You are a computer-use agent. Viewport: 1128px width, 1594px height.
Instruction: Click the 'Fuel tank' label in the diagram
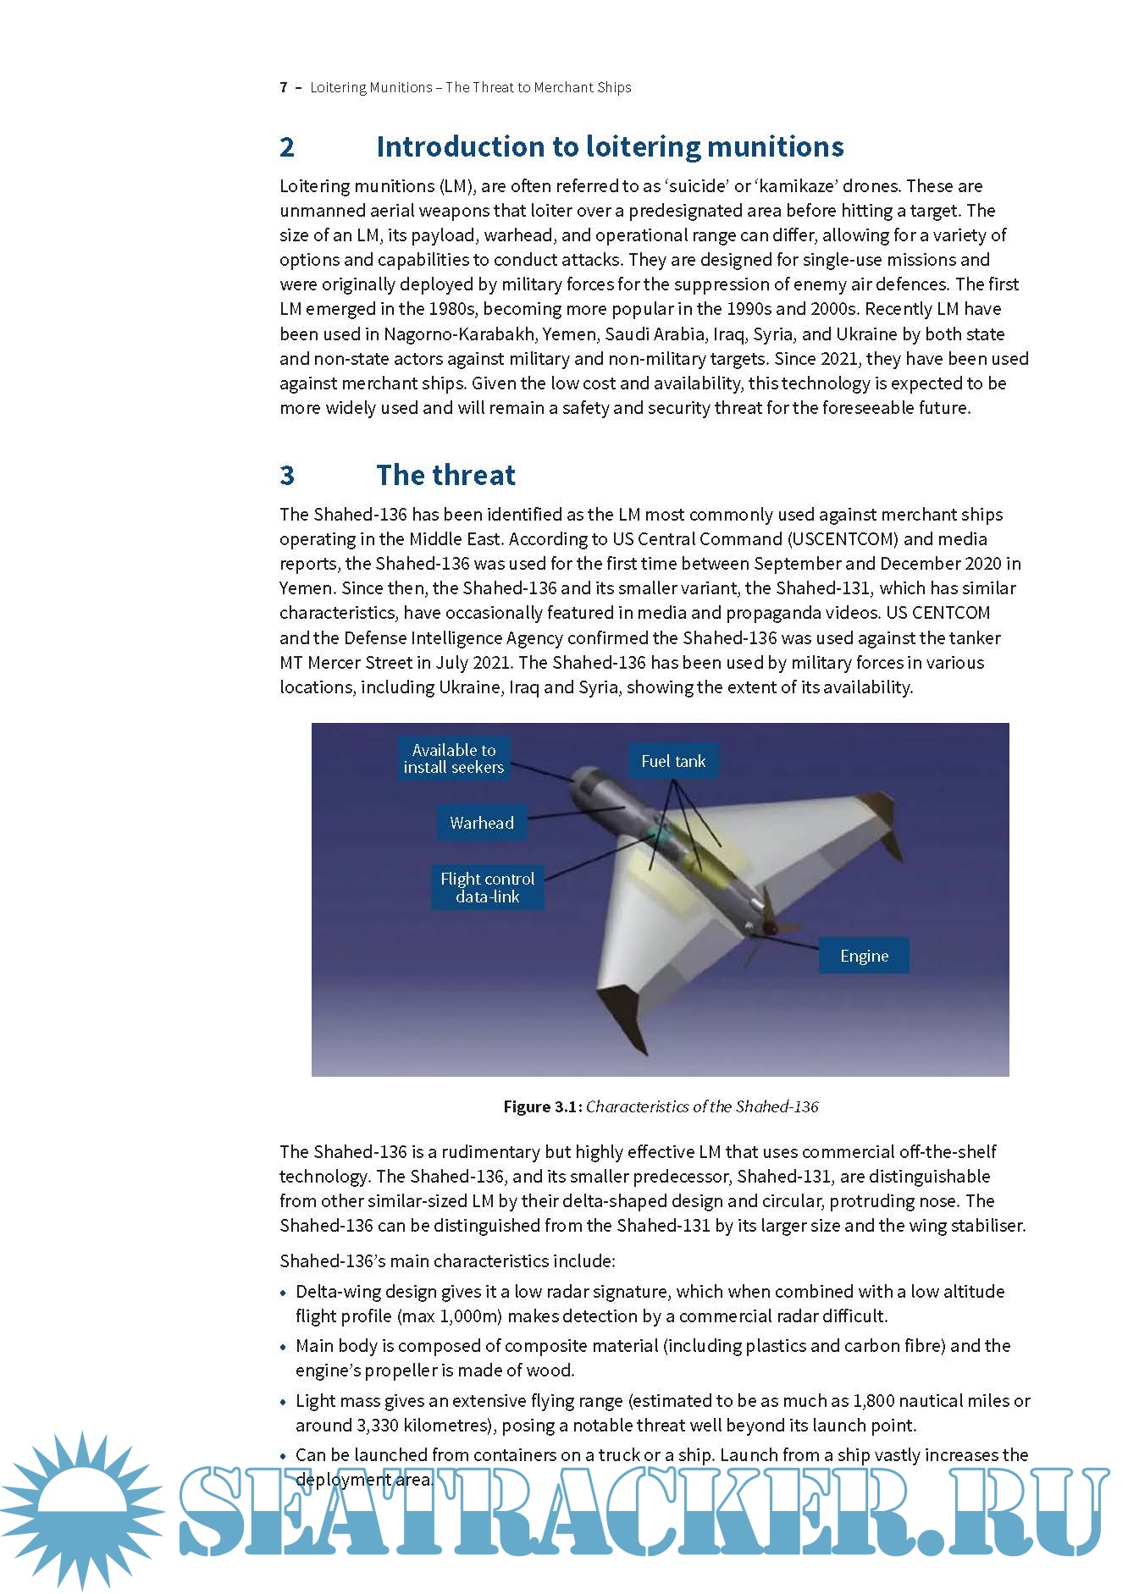click(673, 761)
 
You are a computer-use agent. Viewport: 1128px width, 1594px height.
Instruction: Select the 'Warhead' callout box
click(482, 823)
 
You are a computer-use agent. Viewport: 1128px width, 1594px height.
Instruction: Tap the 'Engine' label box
click(864, 956)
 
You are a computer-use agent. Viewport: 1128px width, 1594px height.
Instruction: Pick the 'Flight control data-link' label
click(487, 887)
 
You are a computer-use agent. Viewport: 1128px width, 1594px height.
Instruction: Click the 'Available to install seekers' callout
click(453, 758)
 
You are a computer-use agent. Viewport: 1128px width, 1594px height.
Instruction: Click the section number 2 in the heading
click(287, 147)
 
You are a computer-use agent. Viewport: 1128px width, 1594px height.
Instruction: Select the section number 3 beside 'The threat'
click(287, 476)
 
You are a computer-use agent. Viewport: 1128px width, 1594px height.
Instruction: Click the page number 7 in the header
click(284, 87)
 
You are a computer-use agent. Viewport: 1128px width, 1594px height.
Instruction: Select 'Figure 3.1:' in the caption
click(542, 1106)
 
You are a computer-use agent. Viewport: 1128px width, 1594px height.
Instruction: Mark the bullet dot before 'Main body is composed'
click(284, 1347)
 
